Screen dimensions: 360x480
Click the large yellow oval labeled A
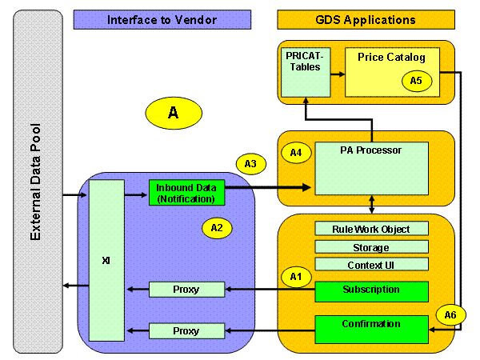tap(173, 114)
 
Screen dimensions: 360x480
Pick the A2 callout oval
tap(216, 227)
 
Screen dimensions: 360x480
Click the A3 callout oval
tap(250, 164)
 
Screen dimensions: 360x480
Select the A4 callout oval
tap(295, 153)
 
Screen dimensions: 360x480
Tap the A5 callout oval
tap(415, 81)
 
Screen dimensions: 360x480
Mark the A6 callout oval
tap(450, 314)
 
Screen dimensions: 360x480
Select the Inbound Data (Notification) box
tap(186, 192)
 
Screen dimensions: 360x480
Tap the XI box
tap(106, 261)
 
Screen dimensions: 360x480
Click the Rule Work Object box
tap(370, 229)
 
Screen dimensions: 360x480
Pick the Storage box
tap(370, 247)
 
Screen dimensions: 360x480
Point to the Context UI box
tap(370, 265)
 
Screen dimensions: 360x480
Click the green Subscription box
tap(370, 290)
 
